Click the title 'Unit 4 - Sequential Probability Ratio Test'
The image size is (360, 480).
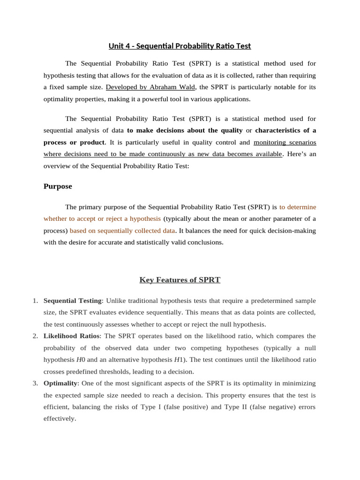click(x=180, y=46)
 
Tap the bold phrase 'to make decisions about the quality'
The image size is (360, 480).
click(x=185, y=130)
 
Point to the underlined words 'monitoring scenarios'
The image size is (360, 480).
click(x=285, y=142)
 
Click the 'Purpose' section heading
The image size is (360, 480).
click(x=58, y=186)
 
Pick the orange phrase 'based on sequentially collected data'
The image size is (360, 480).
click(x=122, y=230)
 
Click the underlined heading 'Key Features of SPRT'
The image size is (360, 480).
click(x=180, y=280)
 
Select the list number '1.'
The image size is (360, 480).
click(x=36, y=300)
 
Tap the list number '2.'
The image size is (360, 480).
click(x=36, y=336)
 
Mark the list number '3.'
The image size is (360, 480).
click(x=36, y=383)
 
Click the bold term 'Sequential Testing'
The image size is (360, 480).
click(x=72, y=300)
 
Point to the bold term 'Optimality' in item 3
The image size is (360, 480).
click(x=60, y=383)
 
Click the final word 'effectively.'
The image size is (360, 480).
click(x=60, y=419)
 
